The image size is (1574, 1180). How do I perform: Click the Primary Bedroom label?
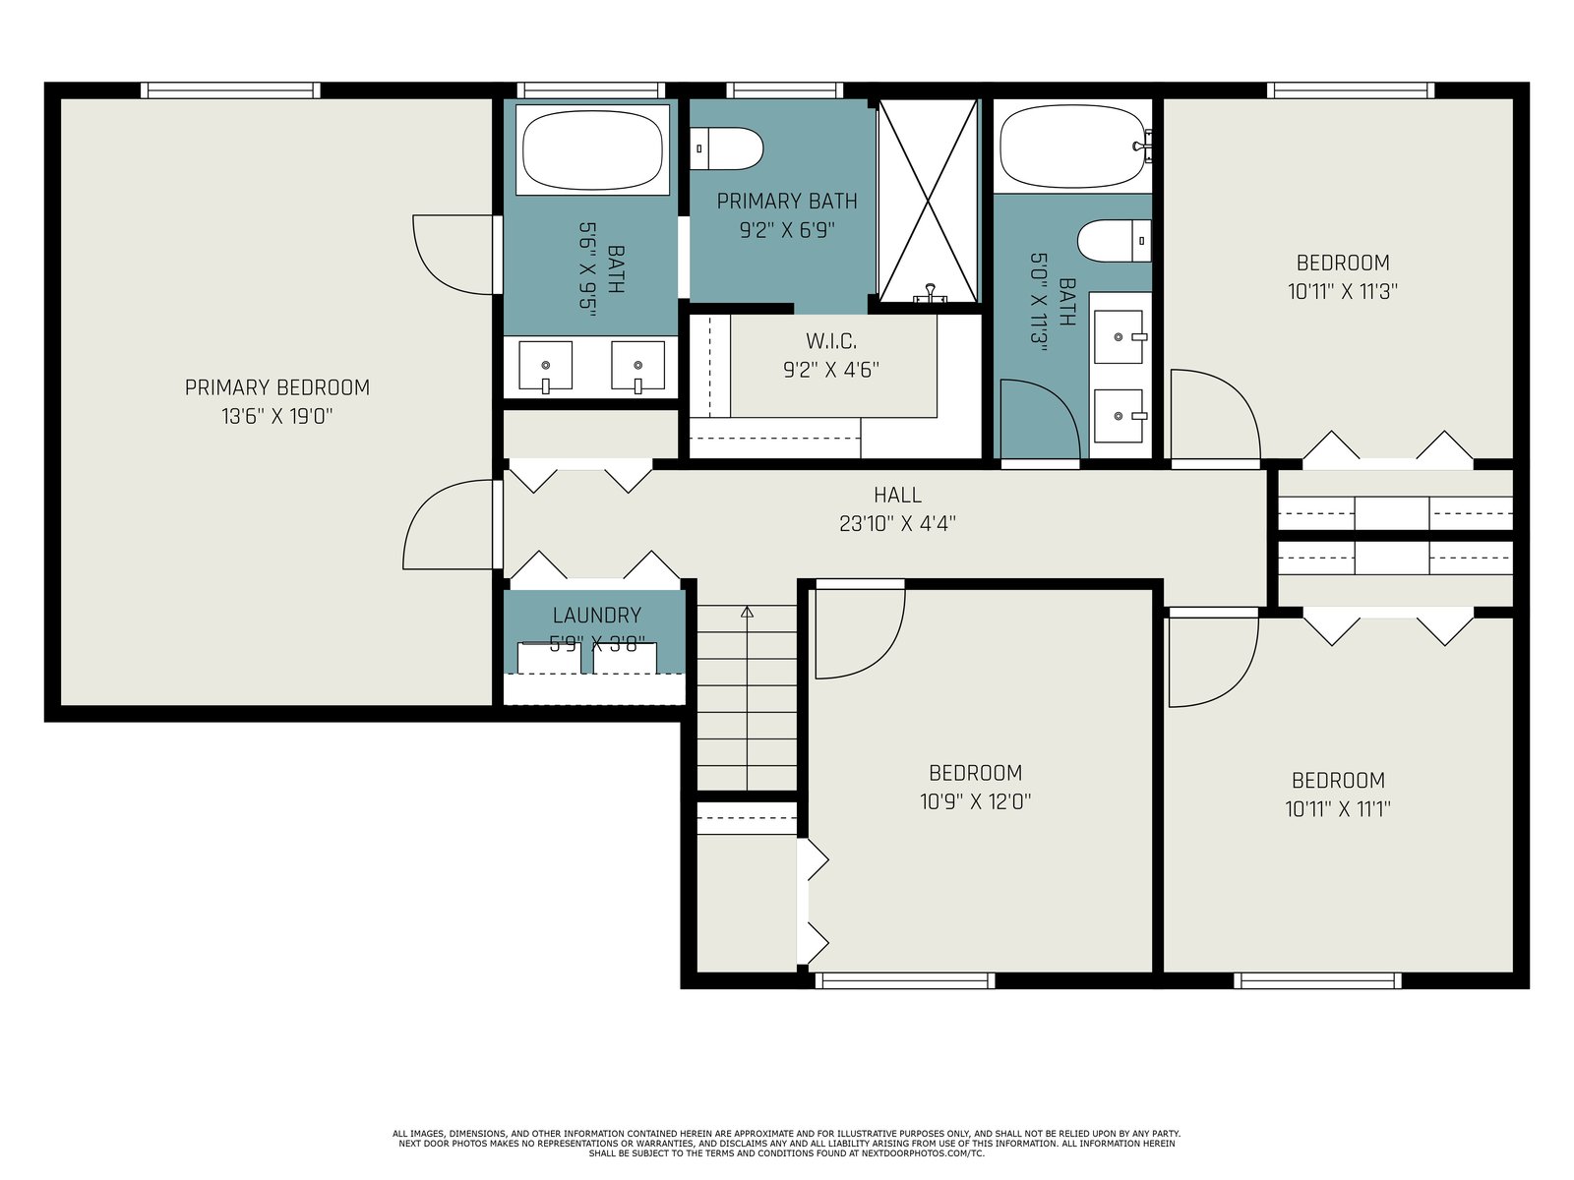(x=276, y=387)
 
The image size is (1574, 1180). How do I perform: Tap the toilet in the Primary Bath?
(x=726, y=149)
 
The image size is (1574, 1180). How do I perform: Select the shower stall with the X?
(x=928, y=201)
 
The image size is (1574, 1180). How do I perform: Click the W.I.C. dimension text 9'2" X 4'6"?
(x=830, y=370)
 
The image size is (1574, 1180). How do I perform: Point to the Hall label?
(x=897, y=495)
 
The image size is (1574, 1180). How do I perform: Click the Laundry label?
(x=596, y=615)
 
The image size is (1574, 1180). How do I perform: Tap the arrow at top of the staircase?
(x=747, y=612)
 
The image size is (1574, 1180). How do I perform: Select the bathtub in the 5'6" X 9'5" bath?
(x=592, y=149)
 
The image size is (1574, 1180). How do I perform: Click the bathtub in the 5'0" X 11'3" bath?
(x=1072, y=147)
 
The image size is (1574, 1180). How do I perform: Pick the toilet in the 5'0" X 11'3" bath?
(x=1115, y=241)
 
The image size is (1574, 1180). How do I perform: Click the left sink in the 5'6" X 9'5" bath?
(x=545, y=366)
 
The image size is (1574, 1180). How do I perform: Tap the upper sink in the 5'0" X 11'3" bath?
(x=1119, y=336)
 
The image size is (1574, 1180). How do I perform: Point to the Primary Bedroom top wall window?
(x=230, y=90)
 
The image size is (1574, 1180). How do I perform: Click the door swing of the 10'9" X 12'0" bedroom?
(x=861, y=632)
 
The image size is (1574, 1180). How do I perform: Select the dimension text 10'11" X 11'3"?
(x=1343, y=292)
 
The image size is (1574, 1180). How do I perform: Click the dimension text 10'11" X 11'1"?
(x=1337, y=809)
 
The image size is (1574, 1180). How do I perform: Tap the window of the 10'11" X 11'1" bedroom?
(x=1317, y=980)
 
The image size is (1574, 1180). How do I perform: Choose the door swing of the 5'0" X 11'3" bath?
(x=1041, y=419)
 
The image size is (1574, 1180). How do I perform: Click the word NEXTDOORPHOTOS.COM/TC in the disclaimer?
(x=923, y=1153)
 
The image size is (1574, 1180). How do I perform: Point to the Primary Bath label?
(x=787, y=202)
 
